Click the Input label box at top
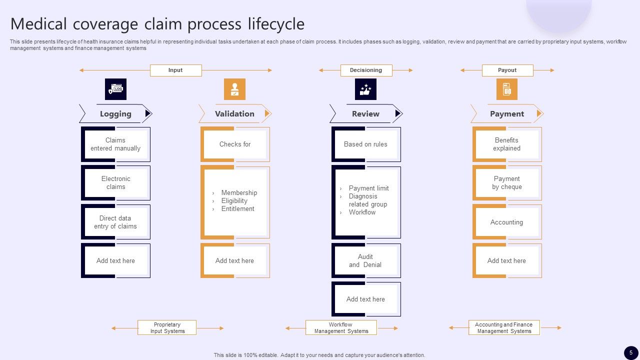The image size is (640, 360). [x=175, y=70]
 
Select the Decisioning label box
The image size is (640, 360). [x=366, y=70]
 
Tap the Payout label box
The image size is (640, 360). [x=507, y=70]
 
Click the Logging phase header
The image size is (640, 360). [x=115, y=114]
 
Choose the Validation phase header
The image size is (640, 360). [x=234, y=114]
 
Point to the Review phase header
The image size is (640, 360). [x=365, y=114]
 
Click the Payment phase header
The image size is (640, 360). [x=506, y=114]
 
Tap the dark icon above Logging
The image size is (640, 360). [x=115, y=89]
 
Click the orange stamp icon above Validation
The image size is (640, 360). [x=234, y=89]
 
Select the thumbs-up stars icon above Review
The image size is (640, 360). [x=365, y=89]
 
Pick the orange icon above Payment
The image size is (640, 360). [x=506, y=89]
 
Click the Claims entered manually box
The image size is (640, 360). [x=115, y=144]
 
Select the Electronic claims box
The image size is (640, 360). [x=115, y=183]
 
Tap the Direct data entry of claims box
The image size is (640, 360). [x=115, y=222]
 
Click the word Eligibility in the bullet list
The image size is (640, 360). [x=234, y=201]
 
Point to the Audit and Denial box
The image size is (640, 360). [x=365, y=260]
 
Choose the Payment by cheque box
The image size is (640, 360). [x=506, y=183]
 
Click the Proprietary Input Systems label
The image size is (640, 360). [x=167, y=328]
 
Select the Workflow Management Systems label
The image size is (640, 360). [x=341, y=328]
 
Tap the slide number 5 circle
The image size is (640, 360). [x=631, y=352]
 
